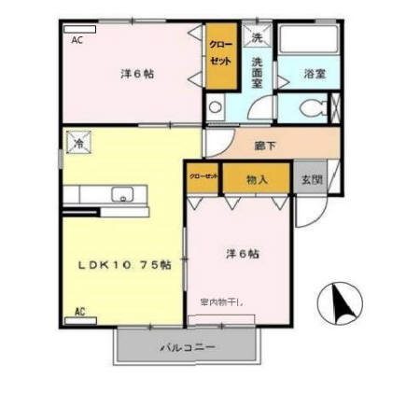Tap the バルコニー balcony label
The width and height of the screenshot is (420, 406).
pyautogui.click(x=187, y=347)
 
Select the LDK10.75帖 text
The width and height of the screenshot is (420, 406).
pyautogui.click(x=123, y=263)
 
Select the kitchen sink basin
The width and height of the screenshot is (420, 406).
pyautogui.click(x=122, y=195)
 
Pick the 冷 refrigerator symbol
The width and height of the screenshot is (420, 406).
pyautogui.click(x=78, y=145)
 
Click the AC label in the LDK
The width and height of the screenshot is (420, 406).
pyautogui.click(x=80, y=311)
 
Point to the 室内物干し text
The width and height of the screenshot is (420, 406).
pyautogui.click(x=222, y=301)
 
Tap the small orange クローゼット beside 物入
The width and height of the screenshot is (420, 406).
pyautogui.click(x=203, y=176)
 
